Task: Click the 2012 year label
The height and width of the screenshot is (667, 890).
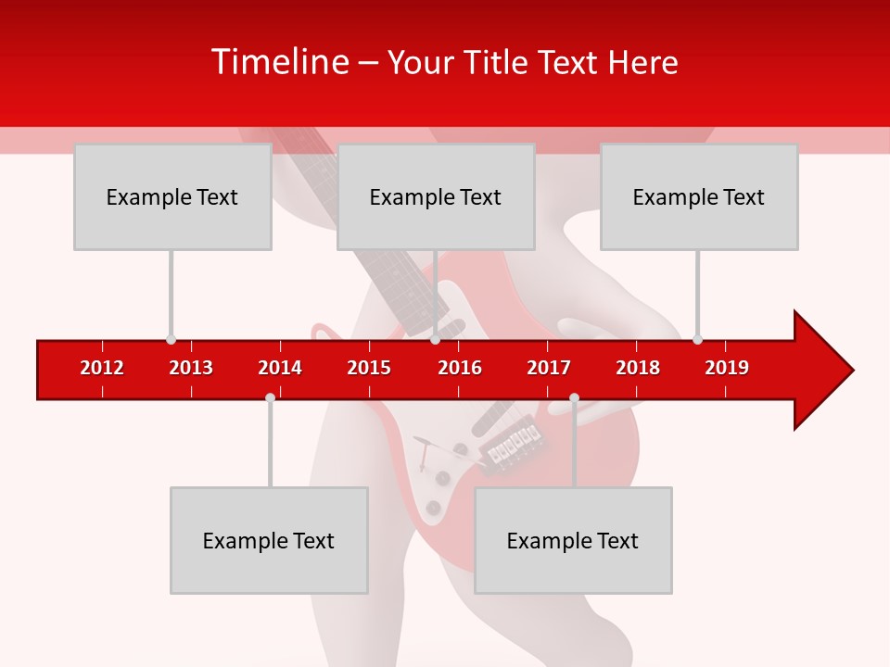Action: [x=102, y=368]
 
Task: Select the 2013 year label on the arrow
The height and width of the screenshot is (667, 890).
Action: [x=191, y=368]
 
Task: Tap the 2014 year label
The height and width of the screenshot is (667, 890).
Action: [x=280, y=368]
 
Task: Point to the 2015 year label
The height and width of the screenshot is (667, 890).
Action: [x=369, y=368]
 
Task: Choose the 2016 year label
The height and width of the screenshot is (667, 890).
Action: [x=460, y=368]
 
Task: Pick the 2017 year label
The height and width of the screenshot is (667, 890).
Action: [x=549, y=368]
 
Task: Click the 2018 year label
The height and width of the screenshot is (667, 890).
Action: [x=638, y=368]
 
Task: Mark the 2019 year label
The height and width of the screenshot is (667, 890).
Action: [x=727, y=368]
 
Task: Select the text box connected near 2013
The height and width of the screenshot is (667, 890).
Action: [x=172, y=196]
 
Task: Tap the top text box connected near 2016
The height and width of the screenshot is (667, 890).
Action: [x=436, y=196]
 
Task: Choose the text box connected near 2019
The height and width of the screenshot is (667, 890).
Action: [x=699, y=196]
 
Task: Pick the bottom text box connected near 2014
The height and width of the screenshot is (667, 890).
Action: [x=269, y=540]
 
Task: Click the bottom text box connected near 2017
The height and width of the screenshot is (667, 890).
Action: [x=573, y=540]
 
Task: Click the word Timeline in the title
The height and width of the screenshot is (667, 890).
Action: [x=277, y=62]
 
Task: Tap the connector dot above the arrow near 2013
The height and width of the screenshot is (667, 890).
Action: [x=171, y=339]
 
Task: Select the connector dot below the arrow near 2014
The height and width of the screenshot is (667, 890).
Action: [x=270, y=397]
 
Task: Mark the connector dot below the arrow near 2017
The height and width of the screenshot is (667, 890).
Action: [x=574, y=397]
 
